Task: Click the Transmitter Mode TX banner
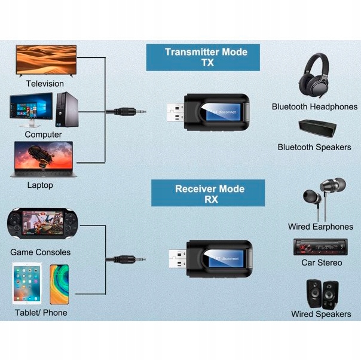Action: tap(205, 57)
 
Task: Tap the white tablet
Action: tap(27, 284)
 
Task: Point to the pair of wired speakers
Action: tap(321, 292)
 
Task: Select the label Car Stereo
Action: tap(322, 263)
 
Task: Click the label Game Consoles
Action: tap(40, 252)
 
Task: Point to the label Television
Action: tap(45, 84)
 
